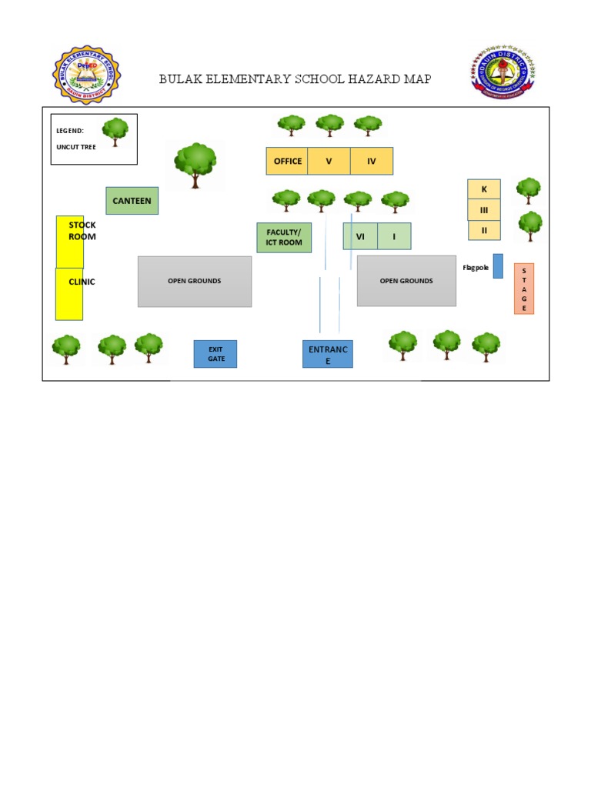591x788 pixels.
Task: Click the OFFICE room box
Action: click(287, 161)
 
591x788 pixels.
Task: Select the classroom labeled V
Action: click(329, 161)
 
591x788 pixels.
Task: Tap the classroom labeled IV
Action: click(372, 161)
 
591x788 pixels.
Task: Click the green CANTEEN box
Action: click(132, 201)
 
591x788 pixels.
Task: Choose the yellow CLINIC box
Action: click(69, 294)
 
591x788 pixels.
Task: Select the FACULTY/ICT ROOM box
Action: click(284, 238)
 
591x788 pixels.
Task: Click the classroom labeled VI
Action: click(360, 236)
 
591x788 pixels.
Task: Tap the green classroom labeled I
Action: click(394, 236)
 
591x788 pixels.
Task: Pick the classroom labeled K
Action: click(484, 189)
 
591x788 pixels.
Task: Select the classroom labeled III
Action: click(484, 209)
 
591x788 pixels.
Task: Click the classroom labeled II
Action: click(484, 230)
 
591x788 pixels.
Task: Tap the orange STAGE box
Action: click(524, 289)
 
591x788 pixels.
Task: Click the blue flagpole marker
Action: click(498, 265)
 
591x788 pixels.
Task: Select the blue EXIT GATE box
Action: click(215, 354)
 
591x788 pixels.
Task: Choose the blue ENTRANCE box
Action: click(328, 354)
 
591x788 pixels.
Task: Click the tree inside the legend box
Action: click(115, 132)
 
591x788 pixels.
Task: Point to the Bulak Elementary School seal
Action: click(86, 75)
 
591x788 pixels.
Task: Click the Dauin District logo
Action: click(503, 73)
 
